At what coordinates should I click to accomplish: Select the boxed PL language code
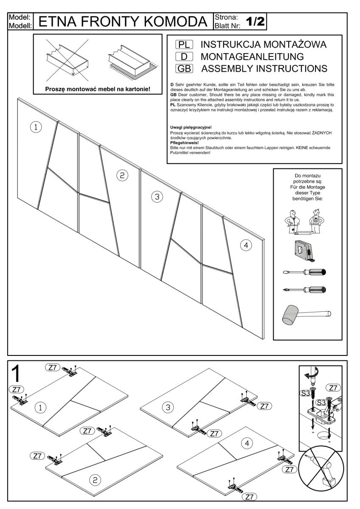[x=184, y=45]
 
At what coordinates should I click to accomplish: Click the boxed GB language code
[x=184, y=68]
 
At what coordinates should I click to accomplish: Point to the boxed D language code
[x=184, y=56]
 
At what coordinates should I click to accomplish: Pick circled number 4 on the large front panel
[x=245, y=245]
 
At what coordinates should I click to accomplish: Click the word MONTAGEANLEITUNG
[x=258, y=56]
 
